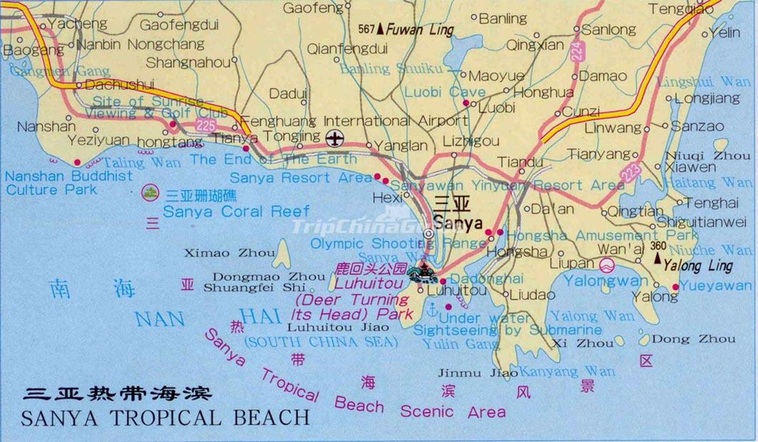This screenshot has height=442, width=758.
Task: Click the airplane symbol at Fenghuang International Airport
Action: [334, 137]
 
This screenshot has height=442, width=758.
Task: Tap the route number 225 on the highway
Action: [205, 125]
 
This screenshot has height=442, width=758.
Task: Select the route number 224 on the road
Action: [577, 51]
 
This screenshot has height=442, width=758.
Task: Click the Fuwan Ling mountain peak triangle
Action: [381, 29]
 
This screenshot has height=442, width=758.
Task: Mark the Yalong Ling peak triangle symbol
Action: [656, 257]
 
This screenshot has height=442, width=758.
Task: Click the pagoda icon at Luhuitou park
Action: [426, 272]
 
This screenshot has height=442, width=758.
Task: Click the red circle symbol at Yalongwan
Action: [607, 267]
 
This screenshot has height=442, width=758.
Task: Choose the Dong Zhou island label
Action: [683, 339]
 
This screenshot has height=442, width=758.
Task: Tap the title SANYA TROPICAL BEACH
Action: [166, 416]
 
